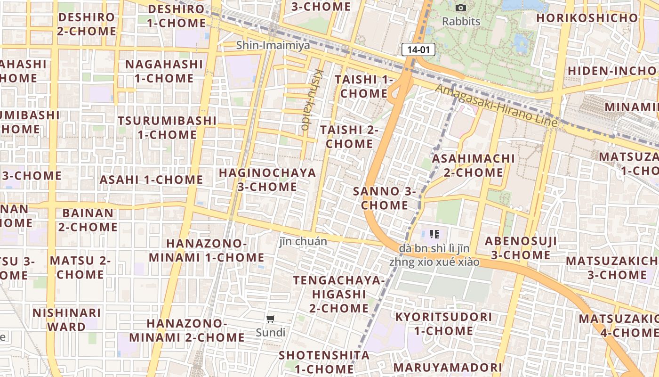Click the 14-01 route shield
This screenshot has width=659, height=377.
418,49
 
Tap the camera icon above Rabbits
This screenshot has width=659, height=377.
461,8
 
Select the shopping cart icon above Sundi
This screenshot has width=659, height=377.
271,319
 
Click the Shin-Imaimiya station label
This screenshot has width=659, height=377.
273,45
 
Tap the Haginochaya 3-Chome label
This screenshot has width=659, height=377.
267,180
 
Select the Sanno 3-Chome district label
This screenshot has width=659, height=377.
385,198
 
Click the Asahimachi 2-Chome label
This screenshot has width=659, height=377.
474,165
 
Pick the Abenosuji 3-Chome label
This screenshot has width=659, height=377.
521,248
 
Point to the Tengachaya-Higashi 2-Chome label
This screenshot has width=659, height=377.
339,294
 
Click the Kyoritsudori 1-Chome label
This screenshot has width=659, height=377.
443,324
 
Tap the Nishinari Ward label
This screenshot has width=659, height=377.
67,320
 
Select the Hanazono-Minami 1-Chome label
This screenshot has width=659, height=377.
207,250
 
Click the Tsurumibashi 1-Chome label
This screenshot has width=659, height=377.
167,127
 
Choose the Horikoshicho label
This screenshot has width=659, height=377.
587,18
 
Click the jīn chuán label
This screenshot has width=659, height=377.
303,242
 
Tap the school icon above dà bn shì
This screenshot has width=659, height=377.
434,234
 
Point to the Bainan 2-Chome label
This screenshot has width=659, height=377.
88,220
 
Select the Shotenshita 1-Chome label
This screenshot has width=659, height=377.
324,361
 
